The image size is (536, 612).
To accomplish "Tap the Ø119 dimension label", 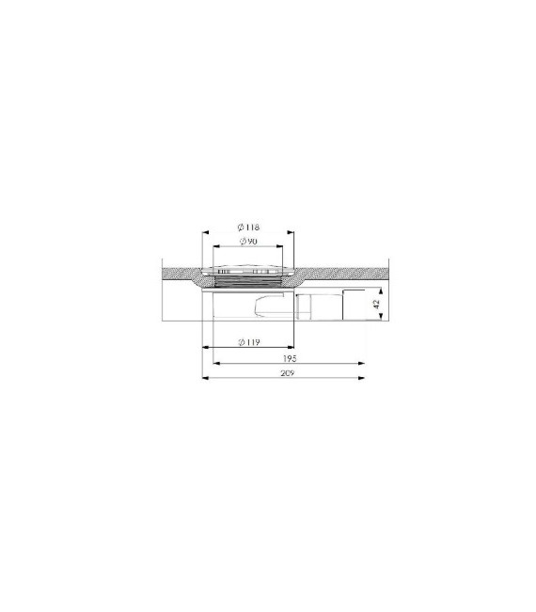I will pos(248,341).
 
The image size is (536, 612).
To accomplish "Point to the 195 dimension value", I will pos(288,358).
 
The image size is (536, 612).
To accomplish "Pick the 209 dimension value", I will pos(288,373).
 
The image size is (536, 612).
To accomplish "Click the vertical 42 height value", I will pos(377,305).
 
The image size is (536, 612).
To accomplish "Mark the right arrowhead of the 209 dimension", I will pos(362,378).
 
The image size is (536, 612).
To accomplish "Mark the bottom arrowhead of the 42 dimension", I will pos(380,319).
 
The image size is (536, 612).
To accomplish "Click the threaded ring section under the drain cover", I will pos(248,279).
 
